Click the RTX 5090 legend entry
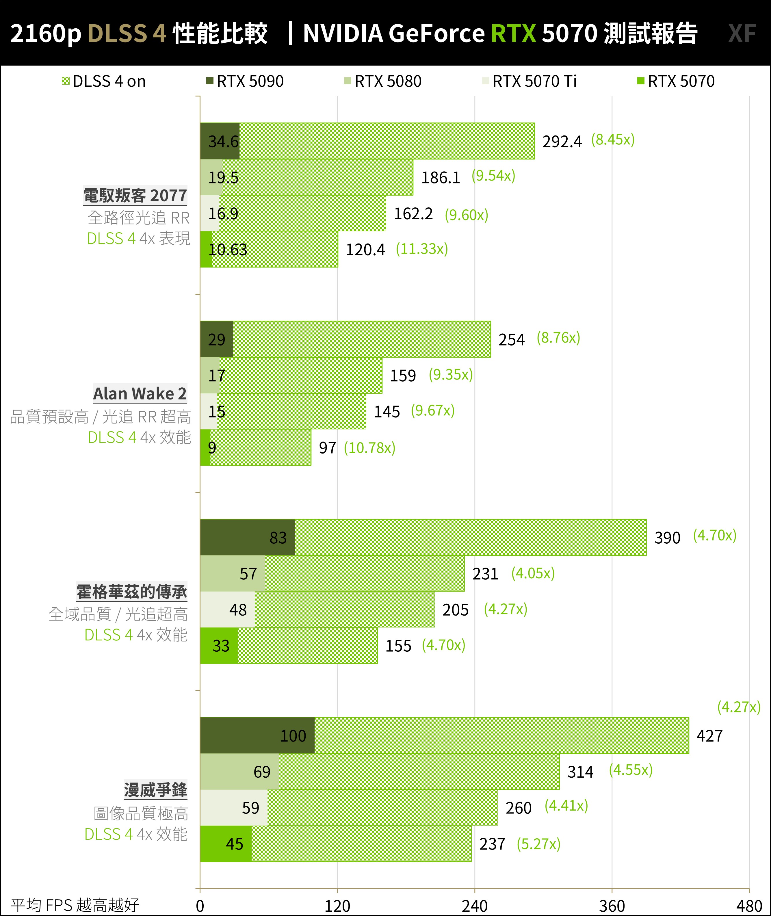(245, 81)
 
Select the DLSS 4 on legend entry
(104, 81)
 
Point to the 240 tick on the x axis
(474, 906)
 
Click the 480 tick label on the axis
(749, 906)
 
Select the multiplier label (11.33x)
(422, 249)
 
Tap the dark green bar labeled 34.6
(220, 141)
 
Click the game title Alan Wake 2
(140, 393)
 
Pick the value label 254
(511, 340)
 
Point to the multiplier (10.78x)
(370, 447)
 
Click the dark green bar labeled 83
(247, 538)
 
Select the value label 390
(667, 538)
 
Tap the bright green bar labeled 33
(219, 646)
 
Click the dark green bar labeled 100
(257, 735)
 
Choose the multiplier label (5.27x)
(538, 843)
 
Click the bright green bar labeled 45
(226, 843)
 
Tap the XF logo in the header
(742, 33)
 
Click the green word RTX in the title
(513, 33)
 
